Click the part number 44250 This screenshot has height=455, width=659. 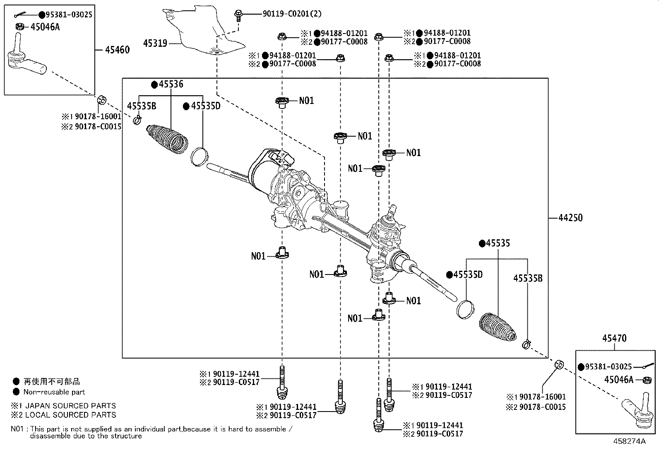click(570, 218)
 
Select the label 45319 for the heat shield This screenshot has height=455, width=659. click(155, 43)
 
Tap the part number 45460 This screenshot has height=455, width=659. click(118, 50)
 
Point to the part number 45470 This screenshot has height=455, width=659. click(614, 338)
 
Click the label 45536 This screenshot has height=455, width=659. click(171, 84)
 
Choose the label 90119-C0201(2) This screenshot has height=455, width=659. click(292, 14)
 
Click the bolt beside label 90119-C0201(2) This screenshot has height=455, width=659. click(238, 15)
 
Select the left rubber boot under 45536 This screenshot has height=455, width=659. click(167, 139)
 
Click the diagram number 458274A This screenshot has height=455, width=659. click(629, 441)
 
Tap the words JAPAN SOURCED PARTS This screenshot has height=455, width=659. click(71, 406)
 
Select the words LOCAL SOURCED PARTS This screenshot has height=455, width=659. click(71, 415)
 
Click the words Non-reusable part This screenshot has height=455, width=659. click(54, 392)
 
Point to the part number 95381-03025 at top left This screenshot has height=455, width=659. click(69, 15)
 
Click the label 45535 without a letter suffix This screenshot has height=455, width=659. click(498, 243)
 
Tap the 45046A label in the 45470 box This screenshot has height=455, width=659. click(619, 380)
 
